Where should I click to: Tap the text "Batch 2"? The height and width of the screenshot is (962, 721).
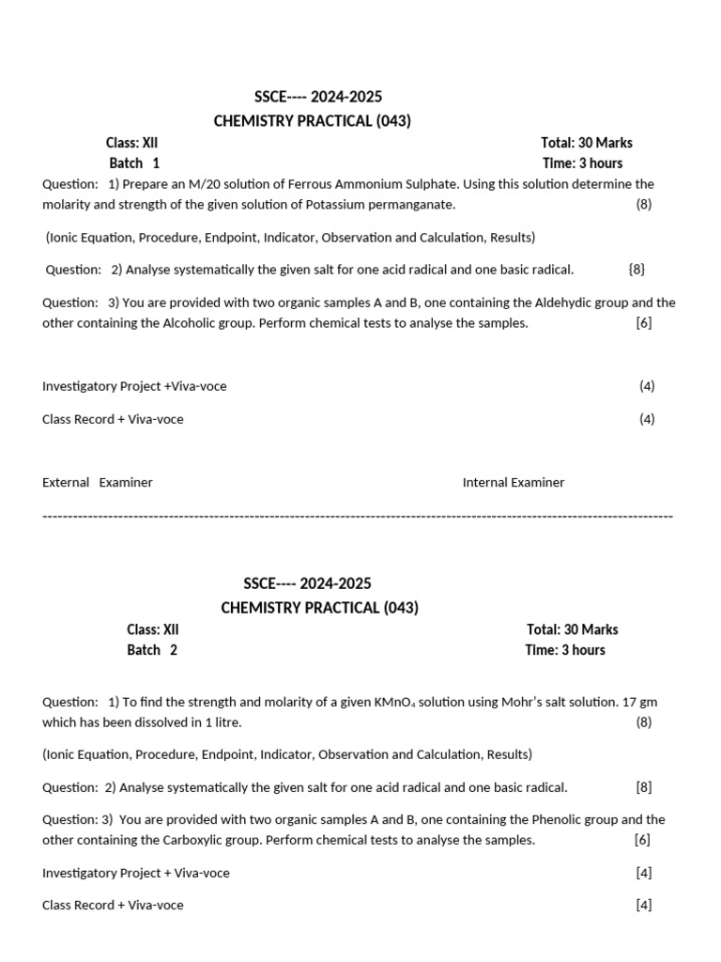coord(152,650)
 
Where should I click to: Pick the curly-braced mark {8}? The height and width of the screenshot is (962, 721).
coord(637,270)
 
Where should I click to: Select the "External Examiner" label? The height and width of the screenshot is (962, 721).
coord(98,483)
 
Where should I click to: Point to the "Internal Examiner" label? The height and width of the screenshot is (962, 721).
coord(514,483)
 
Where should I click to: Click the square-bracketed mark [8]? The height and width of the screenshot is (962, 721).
coord(643,787)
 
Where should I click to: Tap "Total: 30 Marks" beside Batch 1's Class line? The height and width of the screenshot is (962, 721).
coord(587,143)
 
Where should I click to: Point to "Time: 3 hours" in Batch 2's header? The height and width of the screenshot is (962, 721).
coord(565,650)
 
